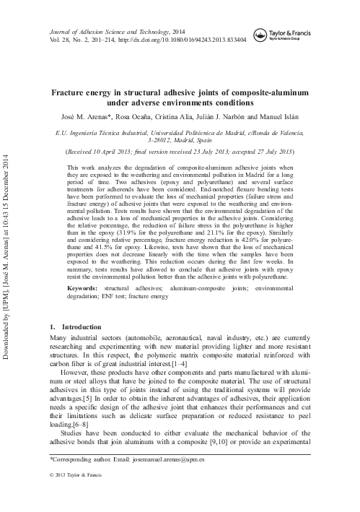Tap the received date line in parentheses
pyautogui.click(x=180, y=152)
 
